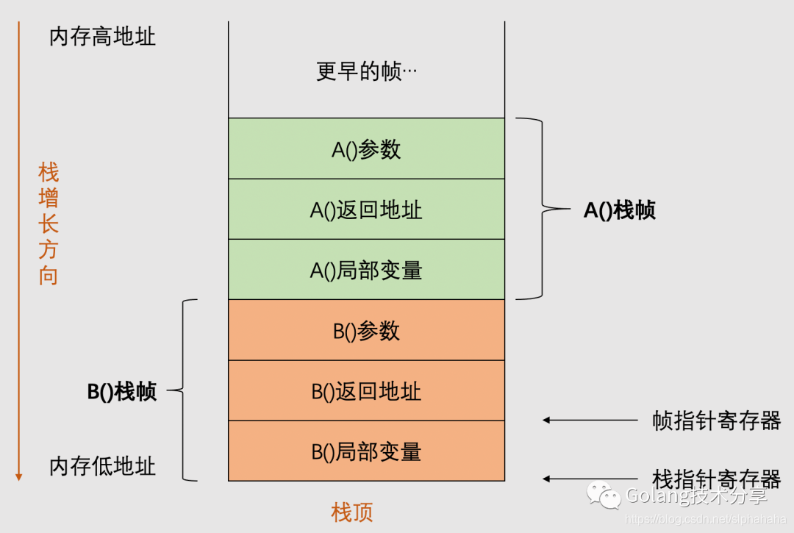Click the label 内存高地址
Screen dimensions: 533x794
coord(102,37)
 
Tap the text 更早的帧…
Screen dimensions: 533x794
coord(366,71)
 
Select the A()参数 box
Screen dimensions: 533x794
coord(366,149)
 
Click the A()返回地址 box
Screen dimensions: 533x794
coord(366,210)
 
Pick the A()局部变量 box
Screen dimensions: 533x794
coord(366,270)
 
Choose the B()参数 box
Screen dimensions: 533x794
coord(366,330)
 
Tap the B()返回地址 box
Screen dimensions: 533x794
coord(366,390)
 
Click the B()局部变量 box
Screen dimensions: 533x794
coord(366,451)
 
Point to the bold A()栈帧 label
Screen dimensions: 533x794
coord(619,210)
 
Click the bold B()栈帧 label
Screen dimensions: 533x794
coord(122,391)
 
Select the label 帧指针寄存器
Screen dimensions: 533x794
coord(716,420)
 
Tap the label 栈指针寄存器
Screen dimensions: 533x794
coord(716,479)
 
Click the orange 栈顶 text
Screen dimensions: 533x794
coord(352,512)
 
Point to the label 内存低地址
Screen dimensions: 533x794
coord(102,466)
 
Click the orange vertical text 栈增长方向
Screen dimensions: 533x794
coord(49,224)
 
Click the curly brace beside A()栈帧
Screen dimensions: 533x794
coord(543,210)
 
